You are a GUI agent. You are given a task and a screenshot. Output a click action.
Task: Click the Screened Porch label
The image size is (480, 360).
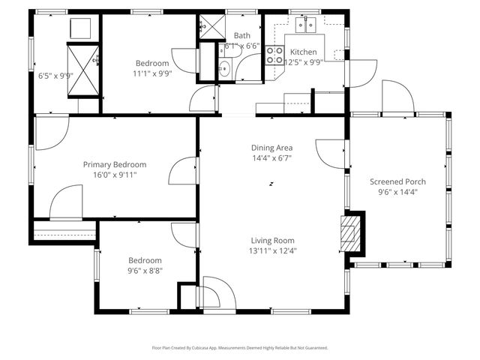tap(397, 181)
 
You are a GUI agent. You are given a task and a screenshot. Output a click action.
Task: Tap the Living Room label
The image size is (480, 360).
tap(272, 241)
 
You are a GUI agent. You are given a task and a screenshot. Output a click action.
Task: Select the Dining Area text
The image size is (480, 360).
tap(271, 148)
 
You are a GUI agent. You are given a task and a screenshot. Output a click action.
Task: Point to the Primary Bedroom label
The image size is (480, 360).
tap(115, 164)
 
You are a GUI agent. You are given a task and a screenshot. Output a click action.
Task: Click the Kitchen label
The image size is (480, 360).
tap(304, 52)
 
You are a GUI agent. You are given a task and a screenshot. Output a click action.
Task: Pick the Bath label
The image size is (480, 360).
tap(242, 35)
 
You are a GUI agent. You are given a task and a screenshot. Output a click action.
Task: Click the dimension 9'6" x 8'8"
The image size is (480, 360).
tap(145, 271)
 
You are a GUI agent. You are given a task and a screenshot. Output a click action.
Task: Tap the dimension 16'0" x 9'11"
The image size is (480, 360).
tap(115, 175)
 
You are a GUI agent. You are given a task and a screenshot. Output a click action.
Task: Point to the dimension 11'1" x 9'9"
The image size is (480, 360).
tap(152, 73)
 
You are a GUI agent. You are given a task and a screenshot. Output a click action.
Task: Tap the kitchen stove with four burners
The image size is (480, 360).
tap(274, 56)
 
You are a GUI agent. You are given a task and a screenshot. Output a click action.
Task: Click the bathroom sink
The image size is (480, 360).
tap(224, 69)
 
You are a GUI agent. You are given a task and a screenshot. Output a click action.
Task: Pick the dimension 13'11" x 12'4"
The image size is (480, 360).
tap(272, 251)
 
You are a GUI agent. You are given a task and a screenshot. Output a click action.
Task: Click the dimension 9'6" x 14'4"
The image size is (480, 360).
tap(397, 192)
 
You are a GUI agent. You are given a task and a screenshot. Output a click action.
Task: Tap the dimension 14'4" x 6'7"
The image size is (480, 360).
tap(271, 158)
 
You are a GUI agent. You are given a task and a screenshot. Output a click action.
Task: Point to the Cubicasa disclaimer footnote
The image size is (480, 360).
tap(240, 348)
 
